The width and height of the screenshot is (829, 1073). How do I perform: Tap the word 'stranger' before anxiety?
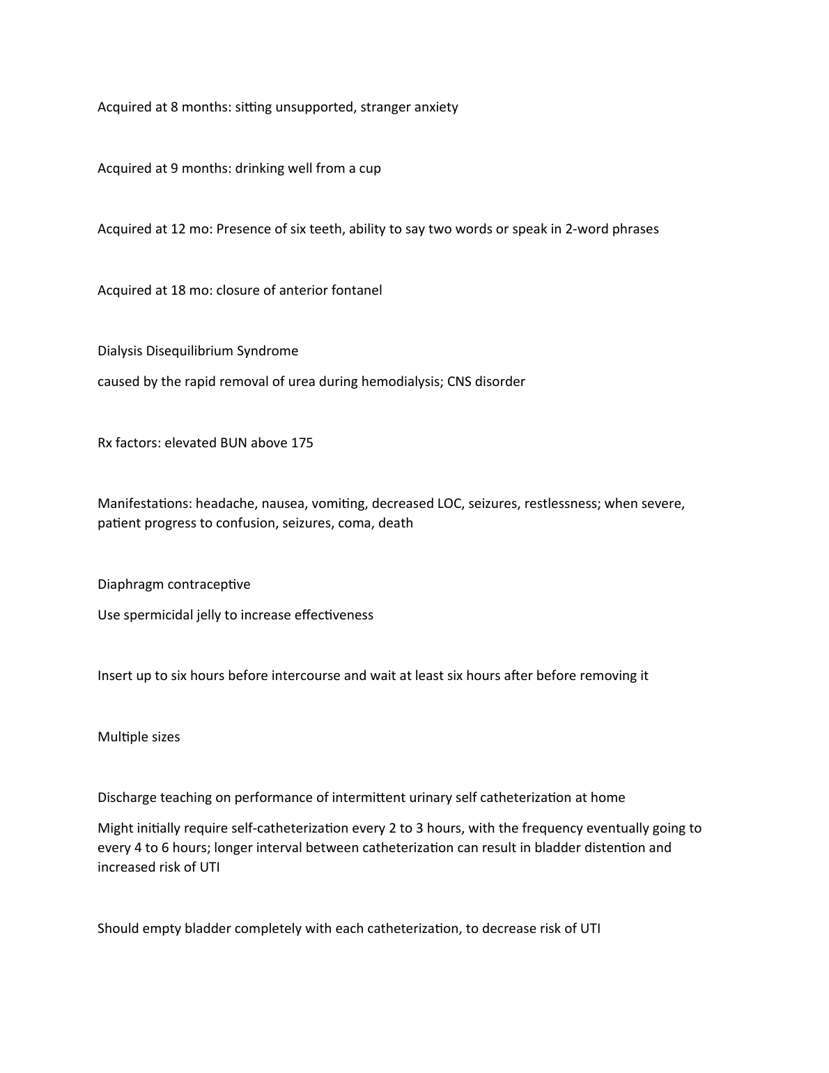point(385,107)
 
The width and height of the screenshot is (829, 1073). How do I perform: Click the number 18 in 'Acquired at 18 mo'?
point(178,291)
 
